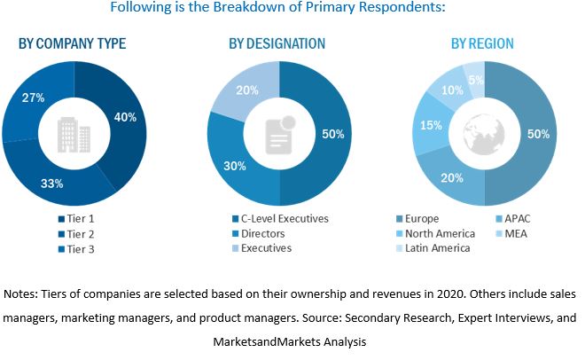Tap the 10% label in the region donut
[453, 90]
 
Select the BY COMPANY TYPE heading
[72, 43]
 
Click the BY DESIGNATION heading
[277, 43]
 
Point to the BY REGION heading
[482, 43]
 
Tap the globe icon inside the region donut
[484, 133]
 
